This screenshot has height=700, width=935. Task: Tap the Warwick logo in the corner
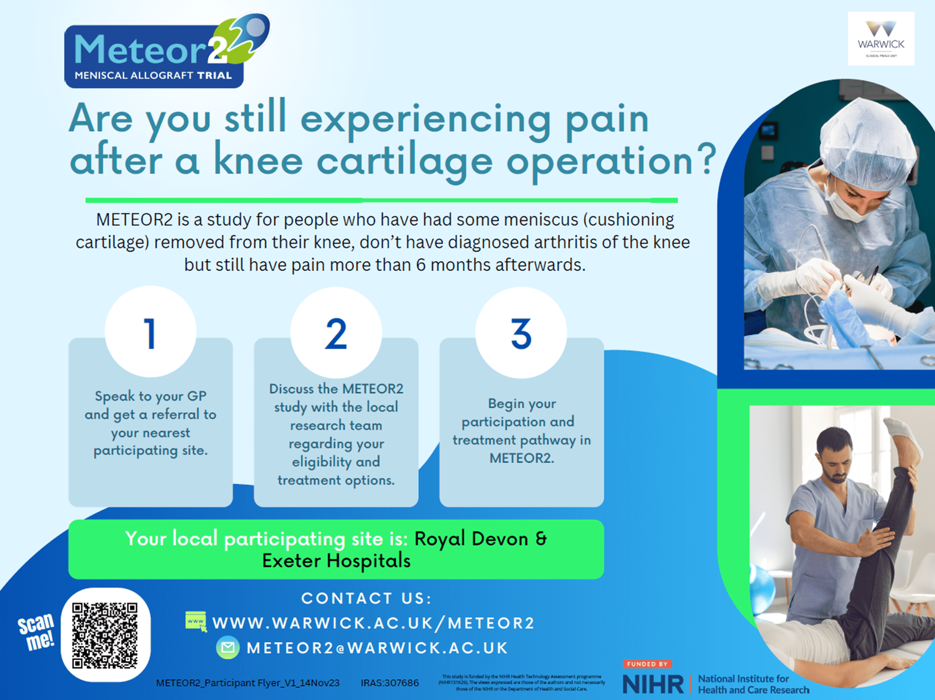(x=881, y=39)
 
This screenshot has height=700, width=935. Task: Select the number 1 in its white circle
(x=150, y=333)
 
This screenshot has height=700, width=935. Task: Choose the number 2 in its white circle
(x=336, y=333)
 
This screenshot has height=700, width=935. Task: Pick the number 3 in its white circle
(x=521, y=333)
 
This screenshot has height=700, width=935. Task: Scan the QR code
(x=105, y=635)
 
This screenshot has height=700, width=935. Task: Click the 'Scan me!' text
(x=36, y=632)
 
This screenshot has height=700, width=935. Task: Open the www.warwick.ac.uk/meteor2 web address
(x=373, y=623)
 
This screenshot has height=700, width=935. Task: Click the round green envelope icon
(x=228, y=648)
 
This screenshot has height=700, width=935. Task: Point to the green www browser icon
(x=196, y=622)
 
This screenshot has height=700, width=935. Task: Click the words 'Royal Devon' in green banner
(x=471, y=539)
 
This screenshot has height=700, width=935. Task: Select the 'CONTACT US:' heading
(x=366, y=598)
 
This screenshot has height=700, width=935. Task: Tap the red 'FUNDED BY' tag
(x=647, y=664)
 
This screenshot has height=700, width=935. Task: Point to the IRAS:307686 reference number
(x=389, y=683)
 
